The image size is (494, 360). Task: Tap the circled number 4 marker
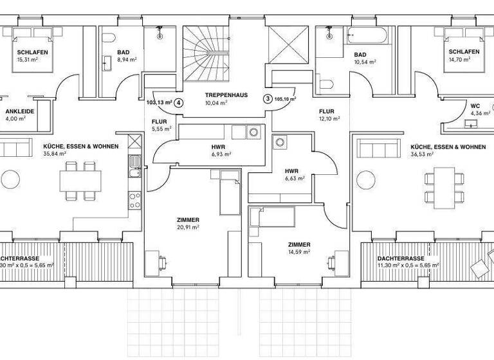[179, 102]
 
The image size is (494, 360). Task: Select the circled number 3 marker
[268, 99]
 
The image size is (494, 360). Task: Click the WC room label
[475, 105]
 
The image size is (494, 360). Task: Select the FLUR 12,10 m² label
[326, 111]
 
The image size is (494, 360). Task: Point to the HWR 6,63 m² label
[293, 171]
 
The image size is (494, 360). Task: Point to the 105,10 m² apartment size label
[284, 100]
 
